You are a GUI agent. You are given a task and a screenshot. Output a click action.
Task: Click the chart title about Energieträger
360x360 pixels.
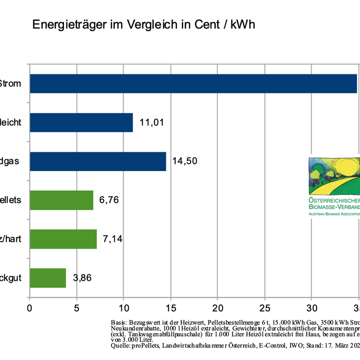(x=144, y=24)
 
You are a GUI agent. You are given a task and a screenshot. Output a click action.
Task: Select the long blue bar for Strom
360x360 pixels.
(x=193, y=84)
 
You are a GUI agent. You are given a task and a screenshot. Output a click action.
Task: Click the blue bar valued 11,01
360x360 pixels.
(x=81, y=122)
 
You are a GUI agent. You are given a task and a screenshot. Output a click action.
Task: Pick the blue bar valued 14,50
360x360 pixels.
(x=98, y=161)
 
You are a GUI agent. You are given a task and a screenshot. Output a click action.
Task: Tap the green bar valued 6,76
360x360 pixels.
(x=62, y=200)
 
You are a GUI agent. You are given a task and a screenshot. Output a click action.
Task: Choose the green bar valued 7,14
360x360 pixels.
(x=63, y=238)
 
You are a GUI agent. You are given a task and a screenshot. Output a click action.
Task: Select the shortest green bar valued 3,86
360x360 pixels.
(x=48, y=278)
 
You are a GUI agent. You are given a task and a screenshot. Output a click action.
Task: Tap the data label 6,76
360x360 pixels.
(x=109, y=200)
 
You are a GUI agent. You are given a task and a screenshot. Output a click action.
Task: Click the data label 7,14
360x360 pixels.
(x=112, y=238)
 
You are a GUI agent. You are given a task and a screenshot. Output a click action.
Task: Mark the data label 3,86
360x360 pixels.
(x=82, y=278)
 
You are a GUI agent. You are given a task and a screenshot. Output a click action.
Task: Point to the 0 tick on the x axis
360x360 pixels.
(x=30, y=308)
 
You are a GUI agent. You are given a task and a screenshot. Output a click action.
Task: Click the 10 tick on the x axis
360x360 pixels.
(x=123, y=308)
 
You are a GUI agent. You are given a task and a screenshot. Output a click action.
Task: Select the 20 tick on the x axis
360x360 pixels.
(x=217, y=308)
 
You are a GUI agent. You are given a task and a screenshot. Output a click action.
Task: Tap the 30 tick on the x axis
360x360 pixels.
(x=311, y=308)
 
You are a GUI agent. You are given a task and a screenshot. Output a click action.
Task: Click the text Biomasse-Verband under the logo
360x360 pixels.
(x=334, y=207)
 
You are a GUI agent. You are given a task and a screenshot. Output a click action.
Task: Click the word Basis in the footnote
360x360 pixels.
(x=118, y=323)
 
